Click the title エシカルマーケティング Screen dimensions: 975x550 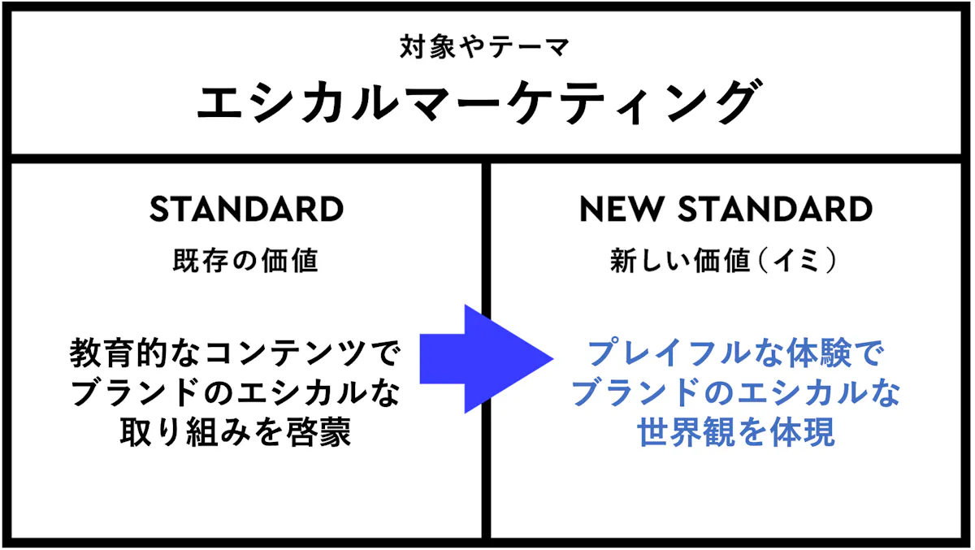tap(479, 102)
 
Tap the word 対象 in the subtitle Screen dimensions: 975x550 tap(427, 47)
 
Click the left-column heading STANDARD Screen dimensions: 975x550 tap(247, 210)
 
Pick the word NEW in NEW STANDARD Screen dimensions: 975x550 tap(622, 210)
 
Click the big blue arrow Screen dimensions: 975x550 tap(487, 359)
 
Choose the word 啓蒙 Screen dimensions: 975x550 tap(318, 432)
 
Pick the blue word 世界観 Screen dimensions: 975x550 tap(687, 432)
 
